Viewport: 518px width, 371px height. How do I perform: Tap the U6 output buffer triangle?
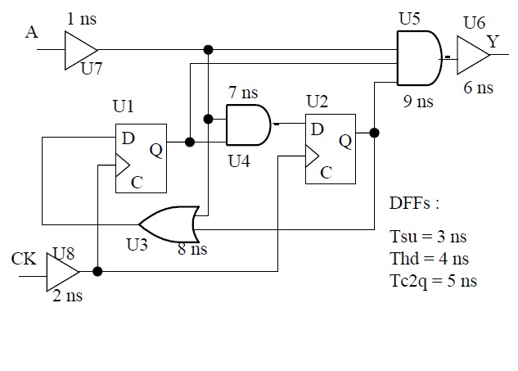pos(471,57)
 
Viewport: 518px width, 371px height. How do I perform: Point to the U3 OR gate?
pos(169,223)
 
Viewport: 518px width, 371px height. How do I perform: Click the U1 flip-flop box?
pos(140,157)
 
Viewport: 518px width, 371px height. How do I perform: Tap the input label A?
pos(31,32)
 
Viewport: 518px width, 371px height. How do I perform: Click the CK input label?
pos(24,260)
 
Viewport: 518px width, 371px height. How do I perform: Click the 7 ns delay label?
pos(244,93)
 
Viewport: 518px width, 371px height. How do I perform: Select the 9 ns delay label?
pos(418,103)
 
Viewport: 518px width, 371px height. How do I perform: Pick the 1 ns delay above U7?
pos(81,18)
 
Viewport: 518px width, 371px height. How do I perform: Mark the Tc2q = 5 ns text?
pos(434,282)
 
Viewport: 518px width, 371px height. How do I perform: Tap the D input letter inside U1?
pos(128,138)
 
